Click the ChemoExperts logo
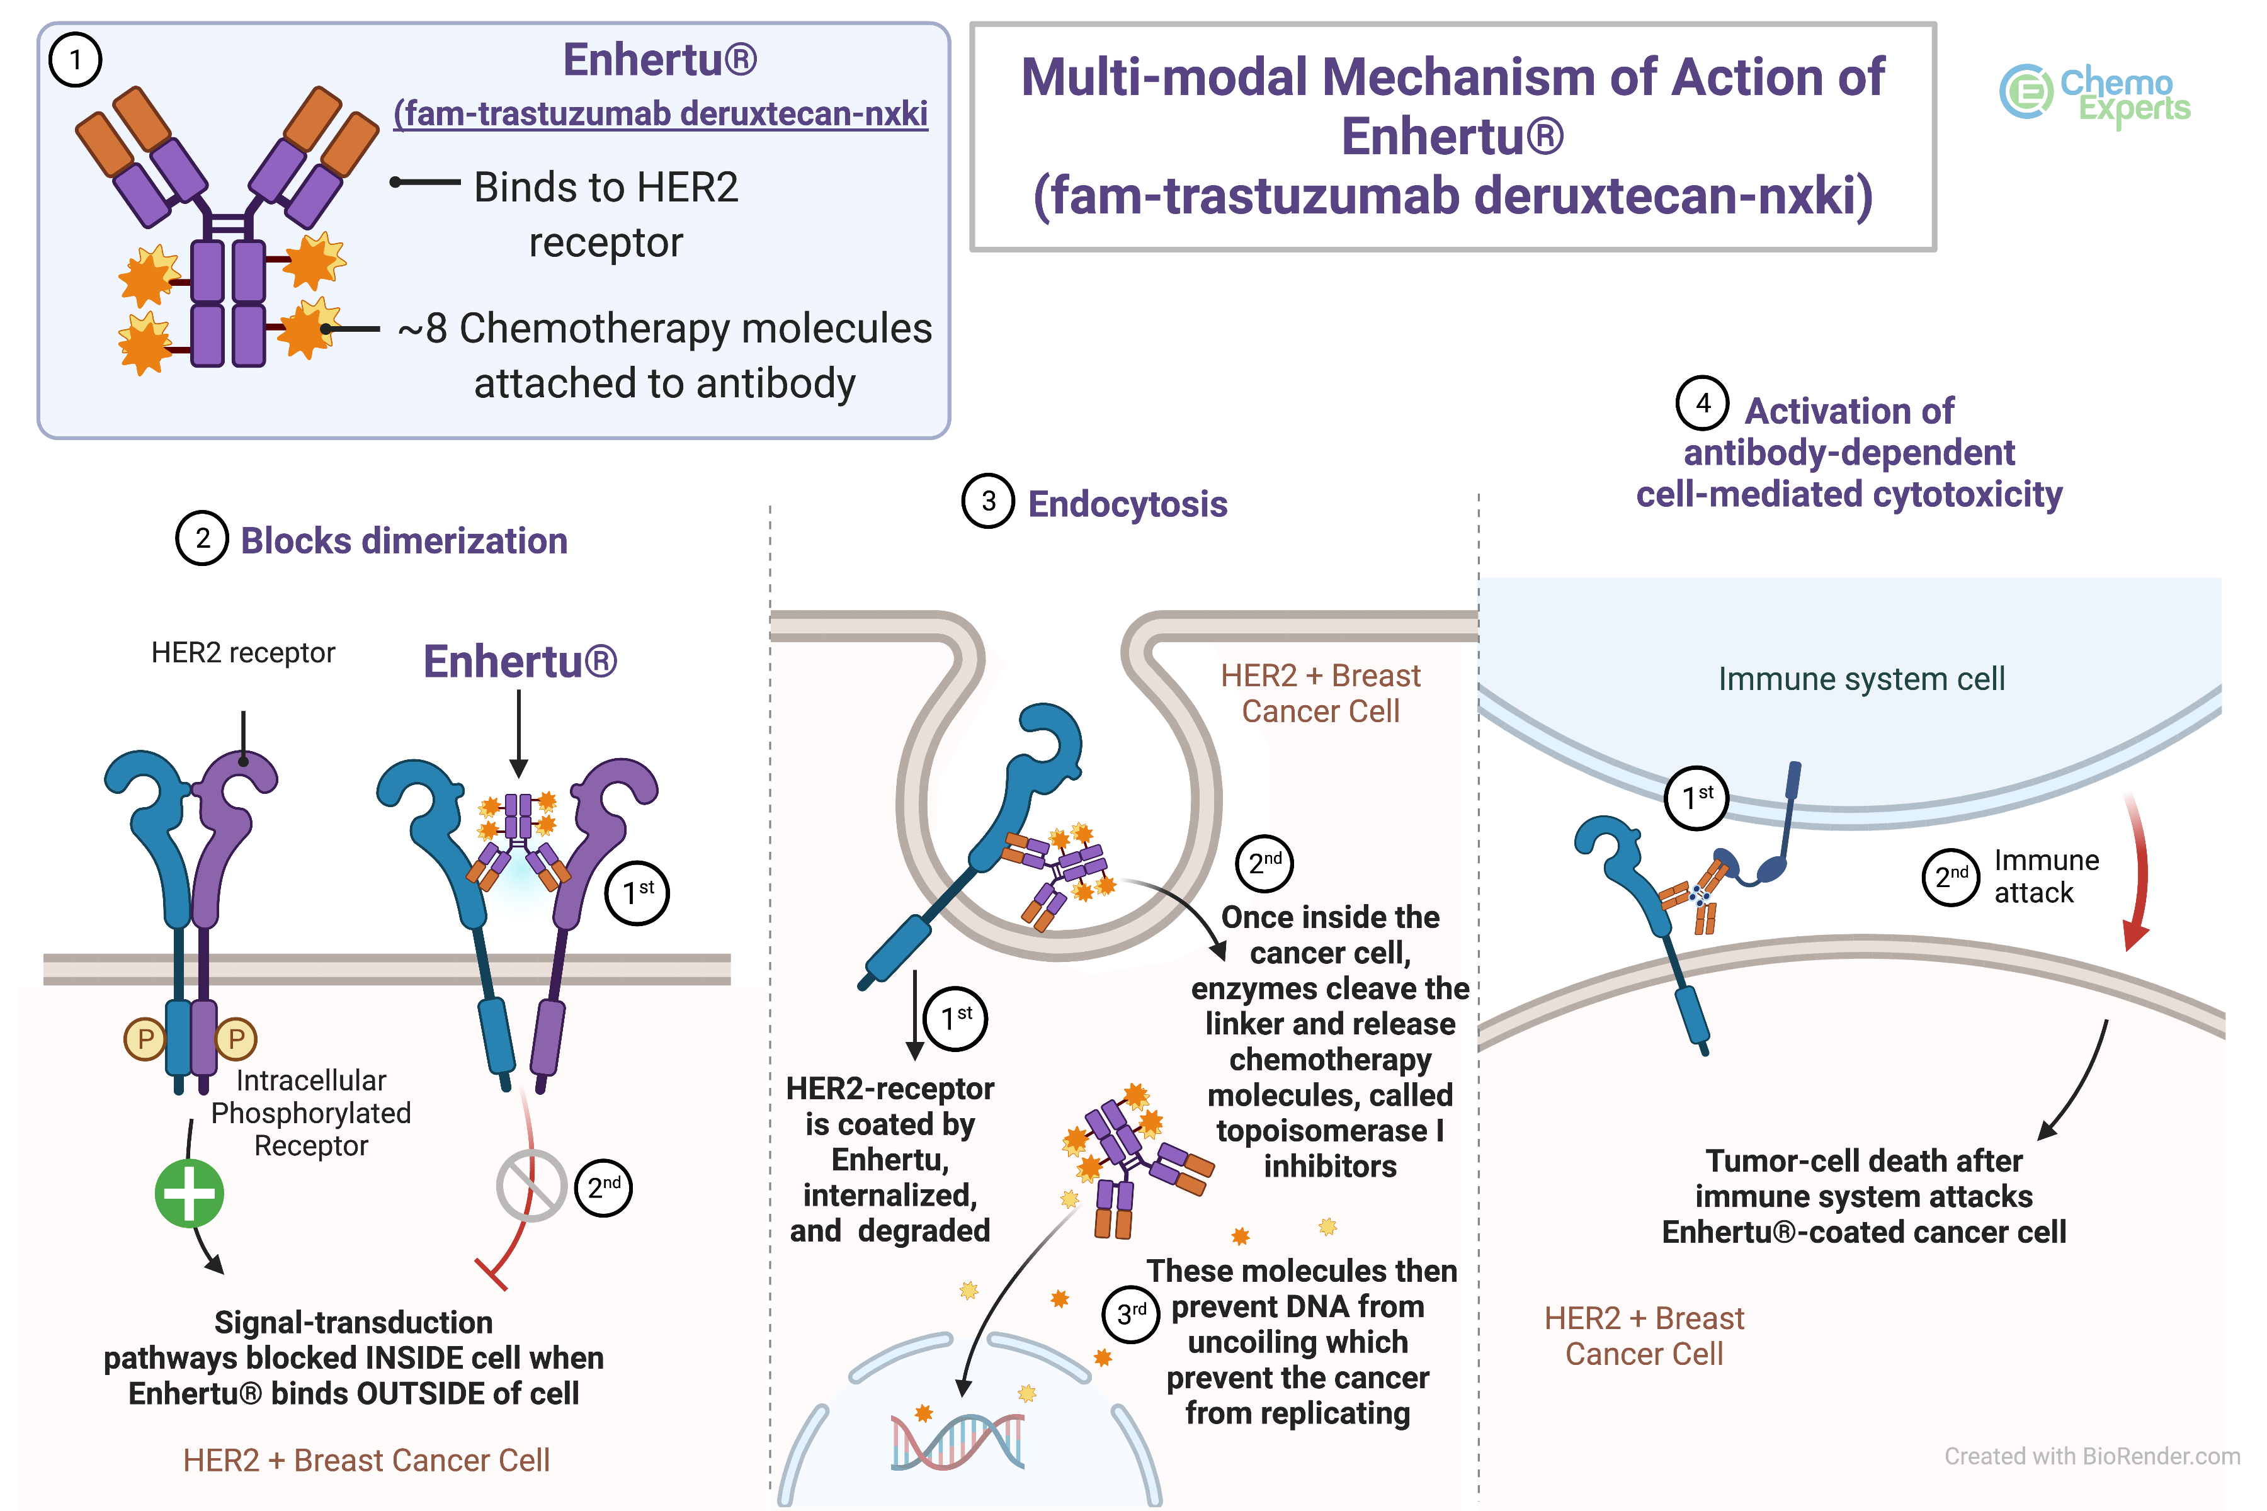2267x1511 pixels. (2093, 93)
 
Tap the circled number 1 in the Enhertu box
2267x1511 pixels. (75, 60)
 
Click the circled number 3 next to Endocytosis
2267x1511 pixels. (988, 501)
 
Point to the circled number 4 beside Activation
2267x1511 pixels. (1702, 403)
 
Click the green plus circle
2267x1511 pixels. (190, 1194)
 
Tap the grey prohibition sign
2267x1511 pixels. (531, 1186)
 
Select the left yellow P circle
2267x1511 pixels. (145, 1039)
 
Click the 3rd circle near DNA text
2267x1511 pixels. (1130, 1313)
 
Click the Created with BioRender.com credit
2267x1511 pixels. (2091, 1456)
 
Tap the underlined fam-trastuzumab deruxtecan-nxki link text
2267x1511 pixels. (660, 114)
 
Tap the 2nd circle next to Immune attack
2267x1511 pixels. (1951, 877)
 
